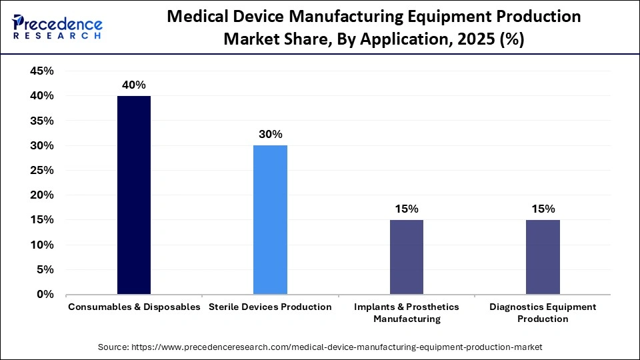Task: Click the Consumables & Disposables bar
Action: point(134,195)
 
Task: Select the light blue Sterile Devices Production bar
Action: point(270,219)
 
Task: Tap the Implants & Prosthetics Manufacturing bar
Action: point(406,257)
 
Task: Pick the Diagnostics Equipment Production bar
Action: point(543,257)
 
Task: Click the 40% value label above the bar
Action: point(133,85)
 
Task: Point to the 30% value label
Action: point(270,134)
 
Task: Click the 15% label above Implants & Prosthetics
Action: point(406,209)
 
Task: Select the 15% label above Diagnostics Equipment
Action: point(543,209)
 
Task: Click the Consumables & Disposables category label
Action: point(134,307)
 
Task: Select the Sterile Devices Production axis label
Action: point(270,307)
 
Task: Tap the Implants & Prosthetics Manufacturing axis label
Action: point(406,313)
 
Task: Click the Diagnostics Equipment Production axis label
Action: point(543,313)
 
